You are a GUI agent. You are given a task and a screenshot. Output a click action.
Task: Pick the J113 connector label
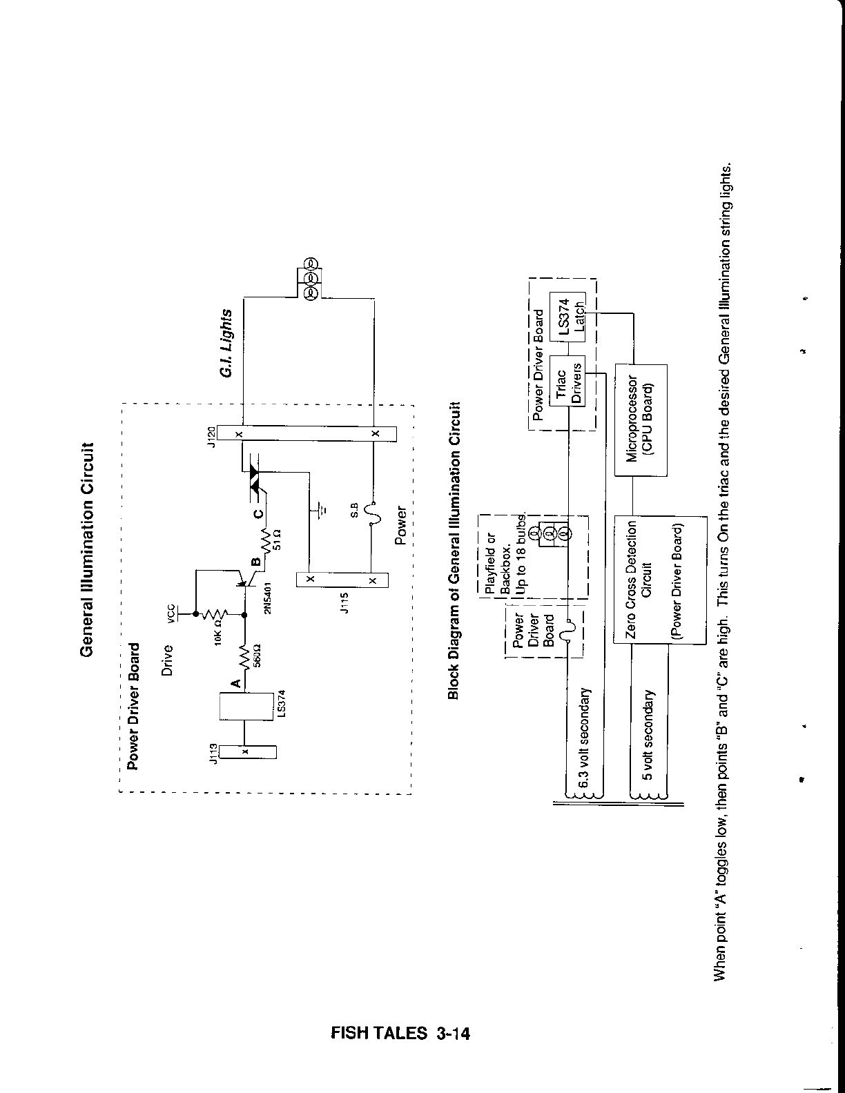coord(214,754)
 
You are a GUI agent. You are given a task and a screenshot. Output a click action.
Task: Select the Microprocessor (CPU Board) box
coord(641,420)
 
